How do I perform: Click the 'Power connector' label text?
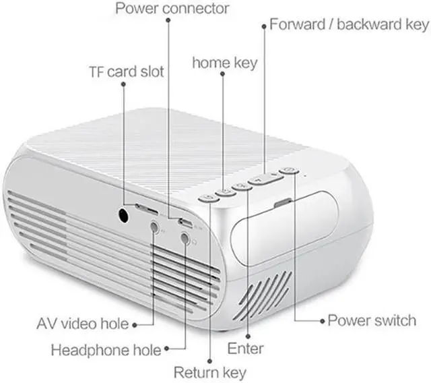tap(172, 9)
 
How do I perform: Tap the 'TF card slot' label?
tap(127, 71)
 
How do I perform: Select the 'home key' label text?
tap(225, 63)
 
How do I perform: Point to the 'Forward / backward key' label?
tap(348, 25)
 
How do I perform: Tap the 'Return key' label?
tap(210, 372)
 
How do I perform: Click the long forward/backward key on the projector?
tap(263, 179)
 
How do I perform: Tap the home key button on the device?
tap(225, 192)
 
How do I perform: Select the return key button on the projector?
tap(208, 198)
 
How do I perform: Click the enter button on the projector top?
tap(241, 187)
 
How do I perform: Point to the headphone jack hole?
tap(186, 237)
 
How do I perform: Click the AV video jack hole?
tap(155, 227)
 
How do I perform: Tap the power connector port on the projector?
tap(182, 220)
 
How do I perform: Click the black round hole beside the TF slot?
tap(124, 214)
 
